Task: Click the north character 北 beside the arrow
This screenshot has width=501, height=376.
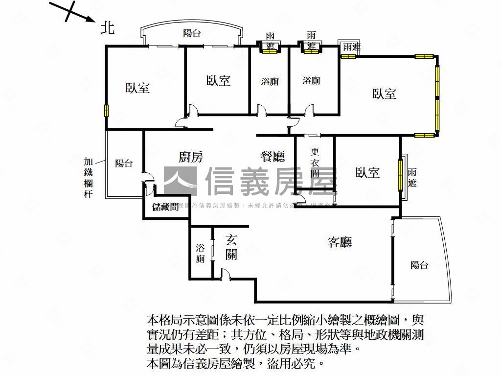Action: (x=107, y=28)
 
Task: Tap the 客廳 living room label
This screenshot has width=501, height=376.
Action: (x=340, y=242)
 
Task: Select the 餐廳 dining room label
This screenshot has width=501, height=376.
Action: (x=273, y=157)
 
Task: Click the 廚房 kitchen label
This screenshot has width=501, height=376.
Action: (x=190, y=157)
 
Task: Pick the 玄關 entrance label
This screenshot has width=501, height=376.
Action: (x=231, y=247)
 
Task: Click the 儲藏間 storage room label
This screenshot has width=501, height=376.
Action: (x=165, y=207)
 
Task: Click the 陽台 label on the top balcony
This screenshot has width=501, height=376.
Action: (x=192, y=33)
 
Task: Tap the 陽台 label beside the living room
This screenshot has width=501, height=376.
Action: (x=419, y=265)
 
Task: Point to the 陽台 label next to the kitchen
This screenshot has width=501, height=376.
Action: (x=124, y=164)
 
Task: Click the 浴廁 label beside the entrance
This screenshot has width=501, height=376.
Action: (x=201, y=253)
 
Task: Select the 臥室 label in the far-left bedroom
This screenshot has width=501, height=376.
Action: (x=137, y=88)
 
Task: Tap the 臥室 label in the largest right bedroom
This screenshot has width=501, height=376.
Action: (x=384, y=94)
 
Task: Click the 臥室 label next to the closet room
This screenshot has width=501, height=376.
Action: (x=367, y=172)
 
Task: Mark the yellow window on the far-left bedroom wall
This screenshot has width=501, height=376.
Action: (x=106, y=110)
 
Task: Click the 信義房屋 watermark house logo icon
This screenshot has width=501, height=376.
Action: (x=180, y=182)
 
